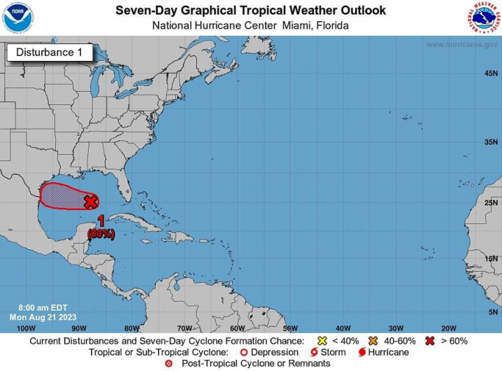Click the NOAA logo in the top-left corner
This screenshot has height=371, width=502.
click(x=18, y=17)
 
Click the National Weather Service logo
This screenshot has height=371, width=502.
click(x=484, y=17)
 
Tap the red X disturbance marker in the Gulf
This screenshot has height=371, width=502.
click(x=90, y=202)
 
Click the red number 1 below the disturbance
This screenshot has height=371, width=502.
click(x=100, y=221)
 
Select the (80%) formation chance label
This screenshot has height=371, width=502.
click(x=101, y=234)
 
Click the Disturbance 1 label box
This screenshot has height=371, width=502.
click(x=49, y=52)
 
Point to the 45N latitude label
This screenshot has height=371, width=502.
click(x=491, y=73)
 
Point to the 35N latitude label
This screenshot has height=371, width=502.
click(x=491, y=142)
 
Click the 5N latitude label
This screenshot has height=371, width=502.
click(x=493, y=311)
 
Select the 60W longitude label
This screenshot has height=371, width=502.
click(x=237, y=328)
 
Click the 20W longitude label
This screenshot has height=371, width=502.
click(x=448, y=328)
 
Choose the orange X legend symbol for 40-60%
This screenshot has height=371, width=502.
click(x=374, y=341)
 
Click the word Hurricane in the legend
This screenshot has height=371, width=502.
click(x=389, y=352)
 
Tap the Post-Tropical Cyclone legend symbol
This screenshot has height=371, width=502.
click(x=168, y=363)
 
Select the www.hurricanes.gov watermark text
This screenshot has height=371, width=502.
click(x=461, y=44)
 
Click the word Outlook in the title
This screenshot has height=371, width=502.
click(x=357, y=10)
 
